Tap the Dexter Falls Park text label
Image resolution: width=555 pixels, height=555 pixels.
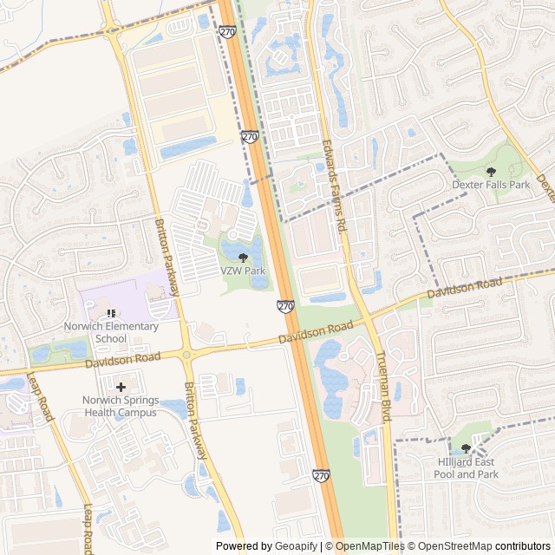pos(491,185)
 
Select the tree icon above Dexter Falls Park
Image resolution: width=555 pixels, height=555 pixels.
pos(491,172)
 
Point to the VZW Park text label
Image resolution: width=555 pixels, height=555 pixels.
pos(243,271)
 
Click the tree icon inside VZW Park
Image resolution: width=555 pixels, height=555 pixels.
pos(243,258)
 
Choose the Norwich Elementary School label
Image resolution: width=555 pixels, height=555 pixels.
pos(111,332)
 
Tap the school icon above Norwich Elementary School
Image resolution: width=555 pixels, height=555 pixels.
pos(111,313)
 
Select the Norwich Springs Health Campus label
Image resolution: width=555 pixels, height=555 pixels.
pos(120,406)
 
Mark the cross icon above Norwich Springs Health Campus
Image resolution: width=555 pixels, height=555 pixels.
pos(120,386)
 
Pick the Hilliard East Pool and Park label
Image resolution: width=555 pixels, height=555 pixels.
pos(467,468)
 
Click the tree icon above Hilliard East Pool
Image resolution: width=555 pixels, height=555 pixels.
pos(467,448)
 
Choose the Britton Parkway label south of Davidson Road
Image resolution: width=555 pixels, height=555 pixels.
pos(196,421)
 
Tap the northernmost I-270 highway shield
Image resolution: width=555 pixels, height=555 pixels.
pos(228,32)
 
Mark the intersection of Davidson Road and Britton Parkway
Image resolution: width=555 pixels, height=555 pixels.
pos(186,353)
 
